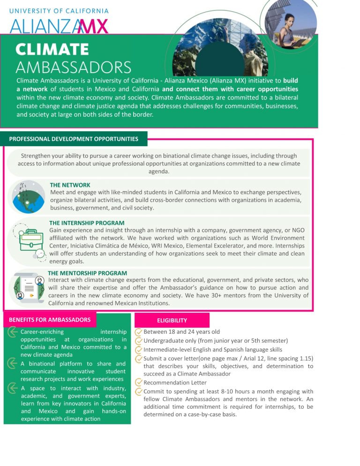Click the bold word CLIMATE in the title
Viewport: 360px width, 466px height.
click(52, 49)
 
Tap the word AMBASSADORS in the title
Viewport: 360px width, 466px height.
click(74, 67)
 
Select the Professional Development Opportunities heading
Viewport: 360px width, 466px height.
click(74, 139)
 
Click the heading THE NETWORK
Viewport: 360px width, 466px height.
click(70, 185)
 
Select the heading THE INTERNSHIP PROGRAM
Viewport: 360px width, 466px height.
click(87, 223)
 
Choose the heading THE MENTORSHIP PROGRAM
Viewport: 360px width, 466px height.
click(87, 273)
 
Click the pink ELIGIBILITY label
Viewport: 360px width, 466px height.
click(172, 320)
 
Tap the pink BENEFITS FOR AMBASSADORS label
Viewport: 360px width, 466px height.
click(50, 320)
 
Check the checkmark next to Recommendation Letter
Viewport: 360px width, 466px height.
click(138, 383)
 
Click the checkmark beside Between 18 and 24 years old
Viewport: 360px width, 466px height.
click(138, 332)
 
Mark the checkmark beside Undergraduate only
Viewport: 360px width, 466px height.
click(138, 341)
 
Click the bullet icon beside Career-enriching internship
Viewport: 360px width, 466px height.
click(13, 332)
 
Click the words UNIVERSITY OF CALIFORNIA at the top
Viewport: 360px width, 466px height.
click(59, 11)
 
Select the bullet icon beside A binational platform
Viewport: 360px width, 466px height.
click(13, 363)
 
